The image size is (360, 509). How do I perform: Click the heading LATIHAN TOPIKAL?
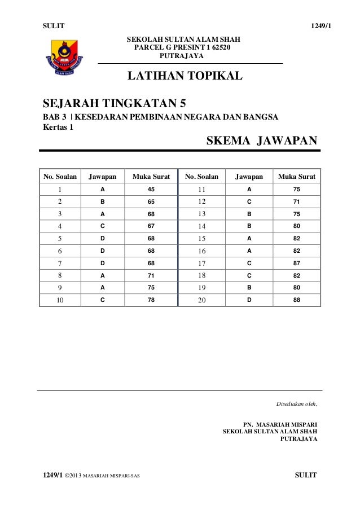(186, 76)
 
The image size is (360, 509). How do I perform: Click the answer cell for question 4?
(102, 226)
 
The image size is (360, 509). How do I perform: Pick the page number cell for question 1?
(151, 189)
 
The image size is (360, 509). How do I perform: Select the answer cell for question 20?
(249, 300)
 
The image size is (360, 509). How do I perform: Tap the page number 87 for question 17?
(296, 263)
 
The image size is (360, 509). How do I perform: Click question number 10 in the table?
(59, 300)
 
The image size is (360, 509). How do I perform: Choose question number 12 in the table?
(201, 201)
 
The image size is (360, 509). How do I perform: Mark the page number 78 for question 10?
(151, 300)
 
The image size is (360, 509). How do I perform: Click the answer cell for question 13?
(249, 214)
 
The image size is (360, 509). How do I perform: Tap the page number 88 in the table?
(296, 300)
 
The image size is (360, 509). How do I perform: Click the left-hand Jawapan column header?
(102, 177)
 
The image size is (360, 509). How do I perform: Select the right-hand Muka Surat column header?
(296, 177)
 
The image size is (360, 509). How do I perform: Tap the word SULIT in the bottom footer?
(306, 475)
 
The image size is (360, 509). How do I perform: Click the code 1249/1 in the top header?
(314, 26)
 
